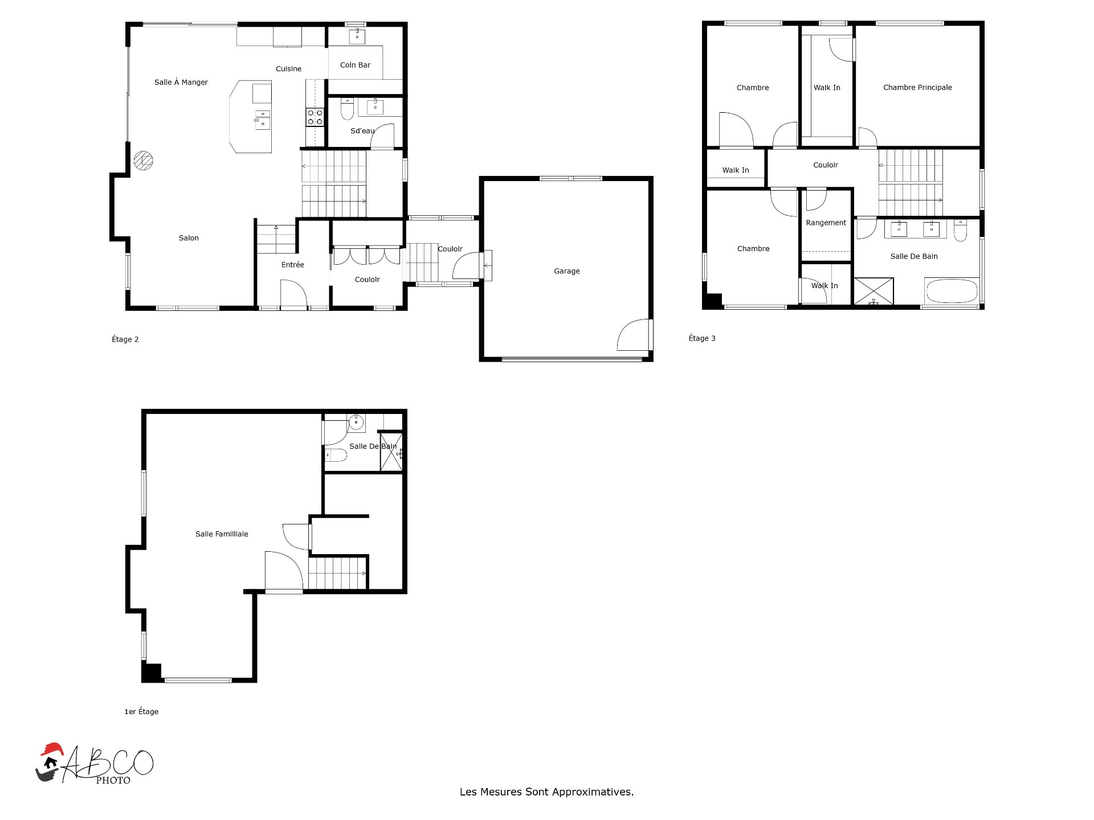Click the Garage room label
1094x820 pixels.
click(566, 271)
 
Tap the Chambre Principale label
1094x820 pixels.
click(917, 88)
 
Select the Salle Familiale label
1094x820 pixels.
click(222, 534)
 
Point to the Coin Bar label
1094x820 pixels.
click(355, 65)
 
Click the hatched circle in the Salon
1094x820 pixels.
click(143, 161)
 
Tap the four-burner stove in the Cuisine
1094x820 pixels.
click(315, 117)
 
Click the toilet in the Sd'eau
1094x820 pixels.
click(347, 109)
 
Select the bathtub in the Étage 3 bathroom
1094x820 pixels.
click(952, 291)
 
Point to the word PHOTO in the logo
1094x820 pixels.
click(113, 781)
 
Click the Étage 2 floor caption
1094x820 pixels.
click(125, 339)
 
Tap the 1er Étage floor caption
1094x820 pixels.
click(141, 712)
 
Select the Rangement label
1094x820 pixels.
click(826, 223)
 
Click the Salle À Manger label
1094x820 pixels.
click(181, 83)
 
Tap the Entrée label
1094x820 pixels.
click(293, 265)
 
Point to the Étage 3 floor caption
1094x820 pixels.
click(702, 338)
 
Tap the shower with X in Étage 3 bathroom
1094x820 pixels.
click(873, 291)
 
